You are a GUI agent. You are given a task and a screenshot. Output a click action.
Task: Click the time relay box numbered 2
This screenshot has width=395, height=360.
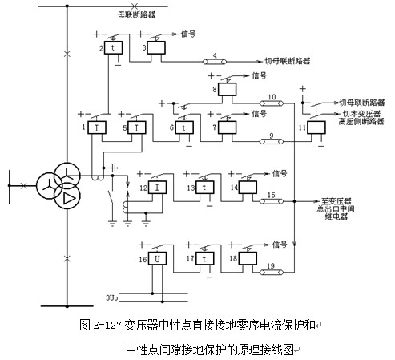tap(113, 48)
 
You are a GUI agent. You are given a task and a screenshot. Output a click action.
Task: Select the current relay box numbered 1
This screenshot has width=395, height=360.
tap(97, 127)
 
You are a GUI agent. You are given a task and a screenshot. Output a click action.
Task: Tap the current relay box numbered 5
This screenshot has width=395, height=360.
tap(137, 127)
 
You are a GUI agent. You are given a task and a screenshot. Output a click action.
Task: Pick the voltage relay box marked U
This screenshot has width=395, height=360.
tap(157, 258)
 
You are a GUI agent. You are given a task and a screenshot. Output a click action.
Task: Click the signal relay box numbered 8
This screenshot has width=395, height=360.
tap(228, 89)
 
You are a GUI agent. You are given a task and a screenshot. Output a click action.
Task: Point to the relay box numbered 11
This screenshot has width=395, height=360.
tap(316, 127)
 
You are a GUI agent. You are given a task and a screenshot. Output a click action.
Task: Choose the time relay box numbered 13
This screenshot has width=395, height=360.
tap(205, 188)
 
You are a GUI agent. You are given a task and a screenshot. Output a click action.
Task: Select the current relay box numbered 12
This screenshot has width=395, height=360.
tap(157, 188)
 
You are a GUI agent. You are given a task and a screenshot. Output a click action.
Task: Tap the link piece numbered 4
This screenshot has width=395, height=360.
tap(215, 62)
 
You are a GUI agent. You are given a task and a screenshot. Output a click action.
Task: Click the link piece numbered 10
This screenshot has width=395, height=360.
tap(272, 103)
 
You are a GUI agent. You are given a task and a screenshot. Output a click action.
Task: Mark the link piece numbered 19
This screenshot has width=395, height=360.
tap(272, 273)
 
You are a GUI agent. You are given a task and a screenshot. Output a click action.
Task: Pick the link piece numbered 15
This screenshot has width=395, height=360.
tap(272, 201)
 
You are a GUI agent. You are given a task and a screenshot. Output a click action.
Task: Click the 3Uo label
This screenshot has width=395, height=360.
tap(112, 297)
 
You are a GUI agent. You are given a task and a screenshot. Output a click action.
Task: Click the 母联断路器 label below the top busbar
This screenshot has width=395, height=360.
tap(136, 14)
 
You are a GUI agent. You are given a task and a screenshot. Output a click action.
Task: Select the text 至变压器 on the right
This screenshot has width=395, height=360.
tap(336, 201)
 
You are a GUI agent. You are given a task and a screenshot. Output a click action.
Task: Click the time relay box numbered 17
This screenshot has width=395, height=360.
tap(205, 258)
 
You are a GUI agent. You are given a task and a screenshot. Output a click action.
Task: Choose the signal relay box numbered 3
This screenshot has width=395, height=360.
tap(156, 48)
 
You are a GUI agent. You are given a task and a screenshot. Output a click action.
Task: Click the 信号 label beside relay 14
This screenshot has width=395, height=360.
tap(280, 174)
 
